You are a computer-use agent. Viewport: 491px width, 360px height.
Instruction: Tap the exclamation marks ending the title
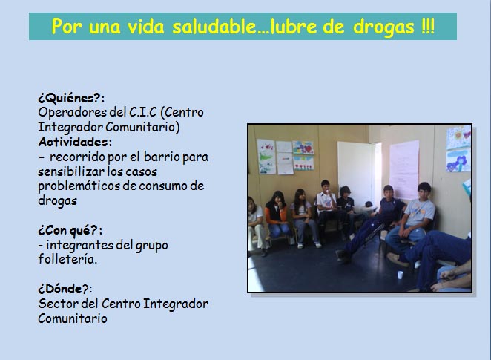click(x=428, y=26)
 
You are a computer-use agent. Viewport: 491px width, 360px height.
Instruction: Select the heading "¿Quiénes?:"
click(x=71, y=98)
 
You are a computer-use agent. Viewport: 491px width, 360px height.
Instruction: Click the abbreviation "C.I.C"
click(x=143, y=112)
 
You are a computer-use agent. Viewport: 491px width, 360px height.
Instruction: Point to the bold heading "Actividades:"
click(x=75, y=142)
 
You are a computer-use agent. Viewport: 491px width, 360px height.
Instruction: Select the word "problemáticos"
click(x=79, y=186)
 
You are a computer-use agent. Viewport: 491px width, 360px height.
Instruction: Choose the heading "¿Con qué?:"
click(x=70, y=230)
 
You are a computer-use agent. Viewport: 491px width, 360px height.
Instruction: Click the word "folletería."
click(x=67, y=259)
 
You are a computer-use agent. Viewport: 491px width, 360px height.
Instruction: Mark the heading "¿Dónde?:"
click(x=65, y=289)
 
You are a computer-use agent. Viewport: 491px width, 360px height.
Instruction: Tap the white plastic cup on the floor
click(x=400, y=275)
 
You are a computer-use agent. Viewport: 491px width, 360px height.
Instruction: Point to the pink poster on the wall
click(x=404, y=169)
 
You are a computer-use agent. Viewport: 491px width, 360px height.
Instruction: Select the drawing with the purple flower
click(x=458, y=160)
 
